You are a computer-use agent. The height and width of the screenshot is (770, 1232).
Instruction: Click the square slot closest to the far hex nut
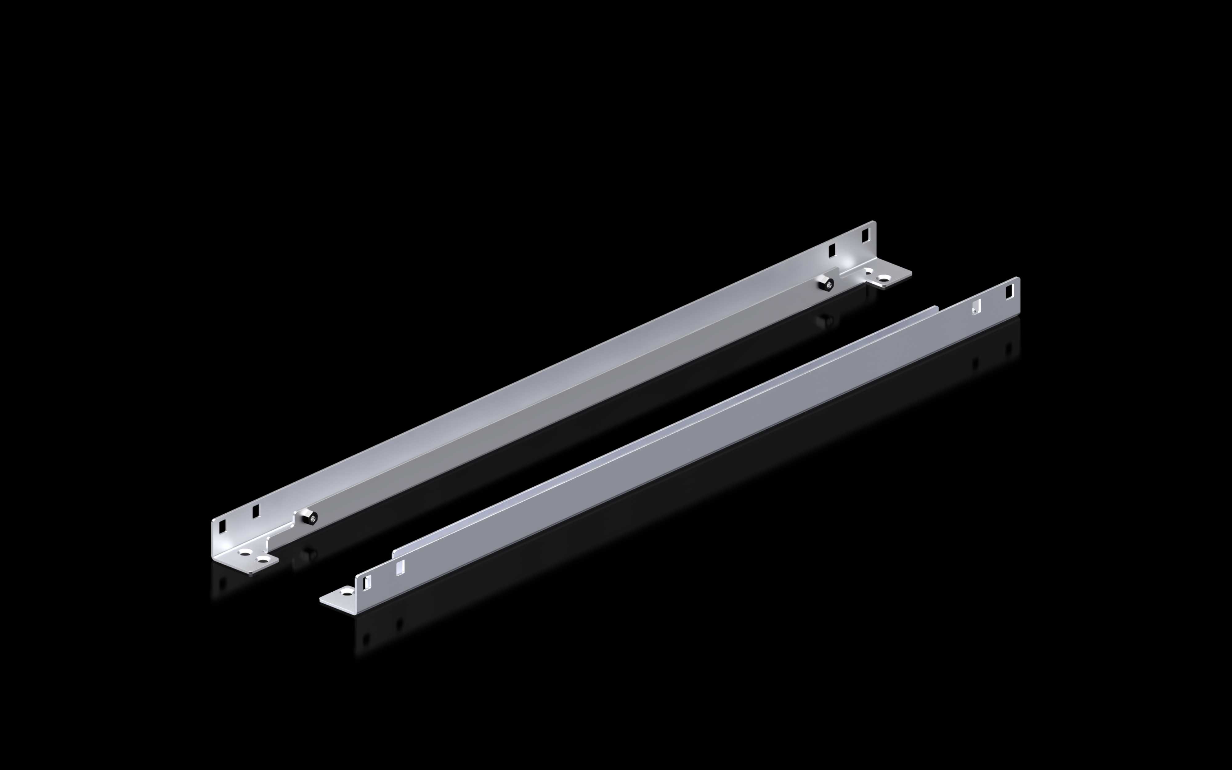tap(832, 249)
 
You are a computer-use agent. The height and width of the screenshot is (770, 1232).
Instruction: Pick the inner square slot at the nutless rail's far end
tap(976, 306)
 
